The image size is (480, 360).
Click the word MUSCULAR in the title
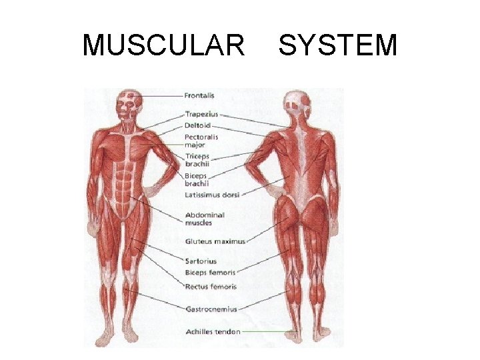coord(163,45)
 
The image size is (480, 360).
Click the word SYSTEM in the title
coord(337,45)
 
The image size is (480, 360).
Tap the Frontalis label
coord(200,95)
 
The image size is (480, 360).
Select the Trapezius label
coord(201,115)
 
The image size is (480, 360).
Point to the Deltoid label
coord(198,125)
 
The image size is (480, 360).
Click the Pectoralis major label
coord(201,141)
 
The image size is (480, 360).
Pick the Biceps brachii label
coord(198,179)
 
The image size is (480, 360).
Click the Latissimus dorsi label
coord(212,195)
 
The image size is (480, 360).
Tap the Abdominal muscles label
coord(205,219)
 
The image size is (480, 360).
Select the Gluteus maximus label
coord(215,241)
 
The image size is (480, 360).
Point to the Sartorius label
coord(201,261)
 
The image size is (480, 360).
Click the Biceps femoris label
coord(210,273)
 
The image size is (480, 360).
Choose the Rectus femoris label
coord(211,287)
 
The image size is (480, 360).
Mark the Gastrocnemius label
coord(211,309)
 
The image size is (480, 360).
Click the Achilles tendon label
coord(212,331)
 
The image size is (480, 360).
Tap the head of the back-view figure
coord(296,103)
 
